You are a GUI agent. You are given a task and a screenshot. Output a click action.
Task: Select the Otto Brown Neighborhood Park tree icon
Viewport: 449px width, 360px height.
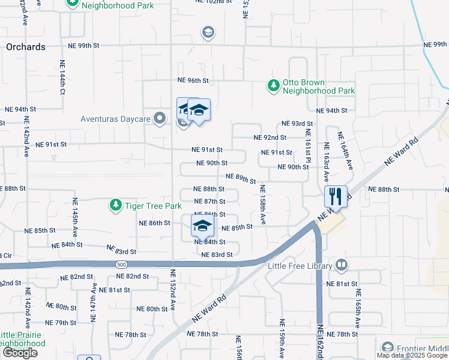(x=274, y=86)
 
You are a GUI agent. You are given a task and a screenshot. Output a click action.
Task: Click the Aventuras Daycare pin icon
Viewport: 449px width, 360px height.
(x=160, y=118)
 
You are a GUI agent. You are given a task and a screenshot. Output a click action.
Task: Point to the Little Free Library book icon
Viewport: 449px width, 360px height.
(x=341, y=265)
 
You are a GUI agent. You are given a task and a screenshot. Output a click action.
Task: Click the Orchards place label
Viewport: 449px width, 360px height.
(x=25, y=47)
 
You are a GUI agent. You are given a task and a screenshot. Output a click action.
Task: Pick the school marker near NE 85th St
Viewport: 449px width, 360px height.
(x=202, y=226)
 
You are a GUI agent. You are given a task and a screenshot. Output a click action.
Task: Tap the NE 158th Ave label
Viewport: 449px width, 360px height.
(x=263, y=205)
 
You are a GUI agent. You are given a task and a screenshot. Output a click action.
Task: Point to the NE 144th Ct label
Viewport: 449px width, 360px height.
(x=62, y=78)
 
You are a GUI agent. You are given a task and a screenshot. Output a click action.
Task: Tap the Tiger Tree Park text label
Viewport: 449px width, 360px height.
(x=152, y=206)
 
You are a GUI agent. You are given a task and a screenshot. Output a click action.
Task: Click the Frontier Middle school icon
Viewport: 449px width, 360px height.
(x=387, y=347)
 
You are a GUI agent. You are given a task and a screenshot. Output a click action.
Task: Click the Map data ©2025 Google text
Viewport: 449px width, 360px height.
(x=412, y=355)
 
